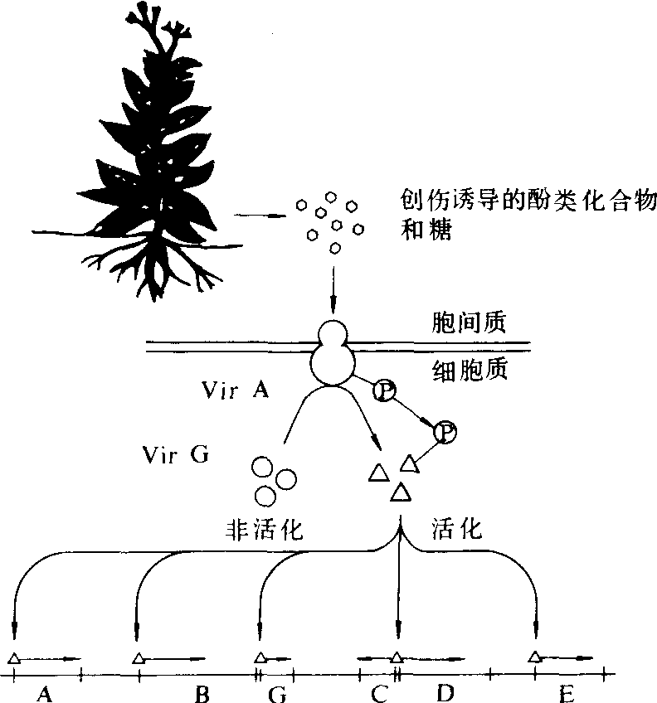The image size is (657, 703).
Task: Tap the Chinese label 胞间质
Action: (469, 322)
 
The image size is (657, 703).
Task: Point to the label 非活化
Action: (265, 528)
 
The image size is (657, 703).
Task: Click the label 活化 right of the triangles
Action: (457, 528)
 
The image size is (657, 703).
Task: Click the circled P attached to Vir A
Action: (384, 390)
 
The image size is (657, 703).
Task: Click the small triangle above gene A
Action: (14, 658)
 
